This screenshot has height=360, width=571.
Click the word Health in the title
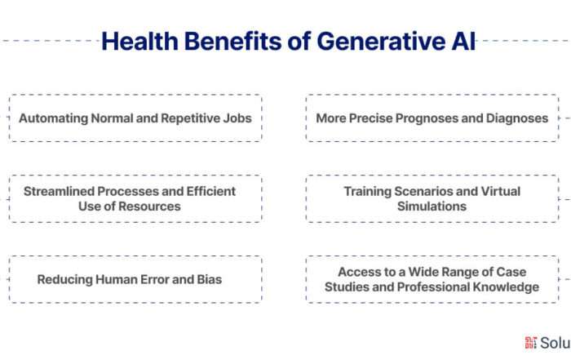point(139,41)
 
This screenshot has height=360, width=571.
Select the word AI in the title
point(463,41)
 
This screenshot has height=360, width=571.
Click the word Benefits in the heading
point(233,41)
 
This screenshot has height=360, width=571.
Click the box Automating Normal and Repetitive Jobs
point(135,118)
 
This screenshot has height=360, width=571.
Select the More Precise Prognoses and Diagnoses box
point(432,118)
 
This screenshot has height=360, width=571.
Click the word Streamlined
point(59,191)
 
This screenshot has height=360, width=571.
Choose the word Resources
point(149,207)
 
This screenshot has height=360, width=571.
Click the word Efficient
point(210,191)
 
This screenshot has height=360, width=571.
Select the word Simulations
point(432,207)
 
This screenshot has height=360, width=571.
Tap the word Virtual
point(501,191)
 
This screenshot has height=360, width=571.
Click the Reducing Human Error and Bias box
point(135,279)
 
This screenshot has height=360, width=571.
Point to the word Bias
point(210,279)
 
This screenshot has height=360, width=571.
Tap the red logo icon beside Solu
point(530,343)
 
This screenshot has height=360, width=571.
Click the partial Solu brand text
point(556,343)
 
